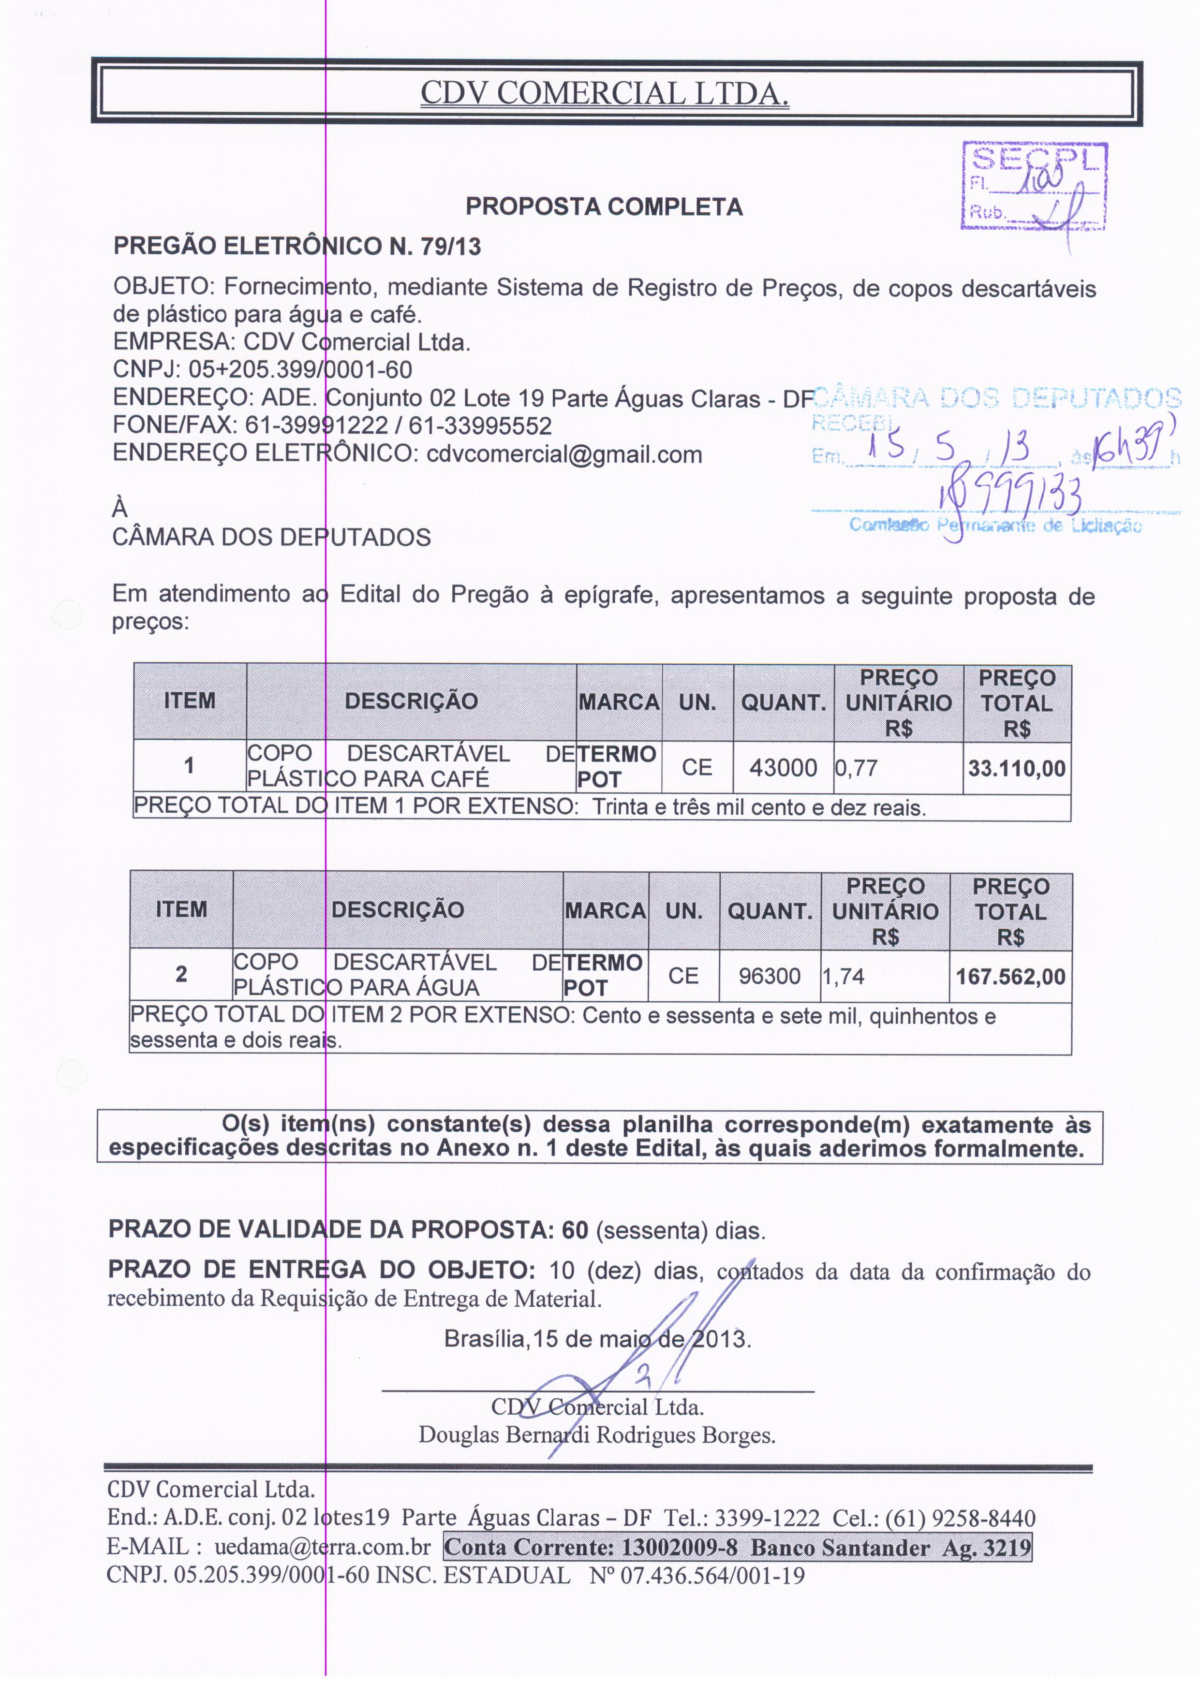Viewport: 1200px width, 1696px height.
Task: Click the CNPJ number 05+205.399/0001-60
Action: (300, 369)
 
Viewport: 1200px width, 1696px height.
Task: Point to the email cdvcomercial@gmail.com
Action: (564, 454)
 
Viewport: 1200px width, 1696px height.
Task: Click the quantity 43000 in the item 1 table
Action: (783, 768)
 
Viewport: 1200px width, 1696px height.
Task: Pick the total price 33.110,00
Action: (1017, 768)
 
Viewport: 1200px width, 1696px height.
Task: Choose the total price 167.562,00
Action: (1010, 977)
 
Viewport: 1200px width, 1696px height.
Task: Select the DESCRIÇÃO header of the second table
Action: (398, 910)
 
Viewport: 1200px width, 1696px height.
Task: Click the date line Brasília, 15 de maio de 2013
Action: (597, 1339)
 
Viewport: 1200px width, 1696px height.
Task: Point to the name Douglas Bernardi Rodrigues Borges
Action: (597, 1435)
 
